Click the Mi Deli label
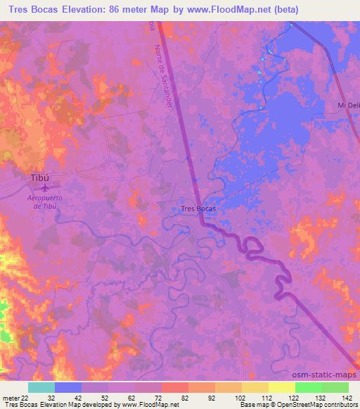(349, 105)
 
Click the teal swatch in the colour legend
(41, 387)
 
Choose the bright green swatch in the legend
(308, 387)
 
